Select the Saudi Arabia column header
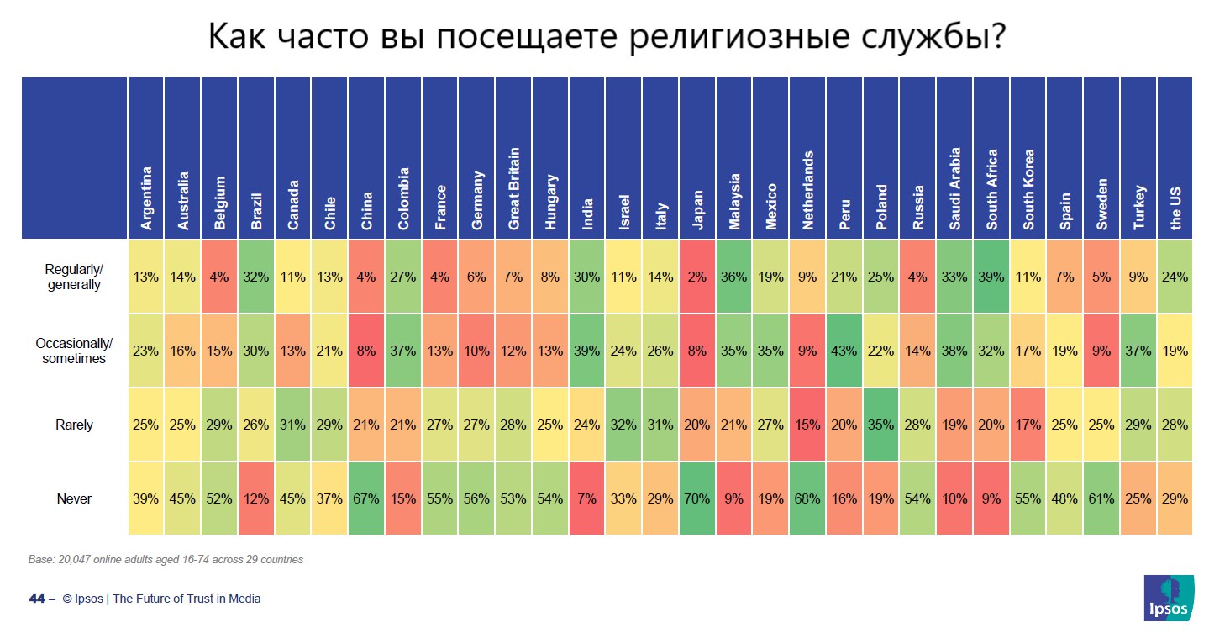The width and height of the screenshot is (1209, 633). click(955, 189)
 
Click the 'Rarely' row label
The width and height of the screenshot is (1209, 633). click(75, 425)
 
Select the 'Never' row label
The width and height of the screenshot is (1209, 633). click(75, 498)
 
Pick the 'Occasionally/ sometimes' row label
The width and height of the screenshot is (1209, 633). click(75, 351)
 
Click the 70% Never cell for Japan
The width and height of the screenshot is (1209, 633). click(697, 498)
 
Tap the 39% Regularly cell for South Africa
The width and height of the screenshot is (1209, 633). click(992, 277)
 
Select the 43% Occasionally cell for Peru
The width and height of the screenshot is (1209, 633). click(844, 351)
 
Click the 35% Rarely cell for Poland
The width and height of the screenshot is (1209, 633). click(881, 425)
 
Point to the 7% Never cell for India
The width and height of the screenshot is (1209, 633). click(587, 498)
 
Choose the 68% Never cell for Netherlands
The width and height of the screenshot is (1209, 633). click(808, 498)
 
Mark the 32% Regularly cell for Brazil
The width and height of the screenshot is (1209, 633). click(256, 277)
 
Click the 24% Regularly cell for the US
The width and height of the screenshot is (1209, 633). click(1175, 277)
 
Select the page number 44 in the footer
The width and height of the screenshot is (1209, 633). click(36, 599)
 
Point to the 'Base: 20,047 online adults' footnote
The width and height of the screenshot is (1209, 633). click(166, 559)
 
